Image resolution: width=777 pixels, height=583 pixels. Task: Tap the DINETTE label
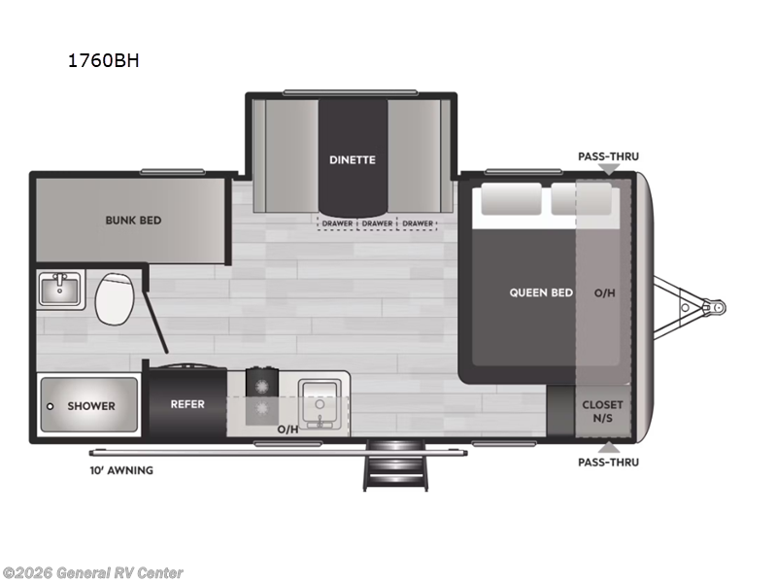point(352,159)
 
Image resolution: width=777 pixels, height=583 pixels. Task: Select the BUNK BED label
point(133,220)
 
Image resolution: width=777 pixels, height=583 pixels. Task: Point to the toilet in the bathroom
point(117,297)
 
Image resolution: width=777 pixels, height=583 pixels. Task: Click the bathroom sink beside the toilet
point(60,288)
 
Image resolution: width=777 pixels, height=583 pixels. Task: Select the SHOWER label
point(91,405)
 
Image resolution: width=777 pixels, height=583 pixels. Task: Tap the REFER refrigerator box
point(186,403)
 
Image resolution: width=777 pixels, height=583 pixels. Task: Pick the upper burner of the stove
point(259,382)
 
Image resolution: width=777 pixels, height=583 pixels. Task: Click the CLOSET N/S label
point(602,410)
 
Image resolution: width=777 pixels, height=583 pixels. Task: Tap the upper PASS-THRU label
point(608,155)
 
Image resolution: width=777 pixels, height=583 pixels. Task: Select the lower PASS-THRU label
point(608,462)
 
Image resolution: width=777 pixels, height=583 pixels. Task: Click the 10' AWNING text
point(120,470)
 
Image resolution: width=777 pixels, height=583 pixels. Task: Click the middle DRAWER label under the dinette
point(378,223)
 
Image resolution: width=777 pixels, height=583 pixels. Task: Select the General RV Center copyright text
point(92,573)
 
